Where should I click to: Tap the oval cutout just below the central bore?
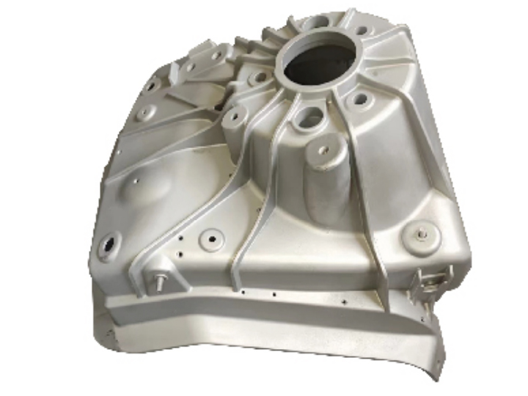pos(311,116)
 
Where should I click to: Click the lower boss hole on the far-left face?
pos(145,113)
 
